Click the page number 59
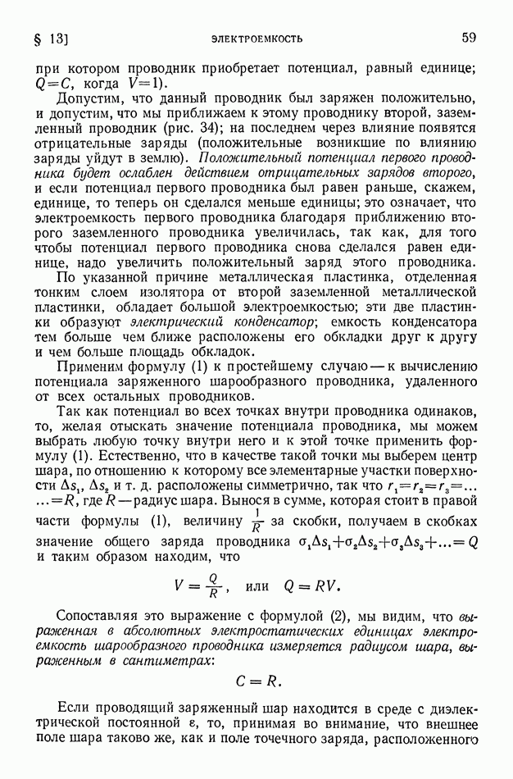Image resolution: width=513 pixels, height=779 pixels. pyautogui.click(x=469, y=37)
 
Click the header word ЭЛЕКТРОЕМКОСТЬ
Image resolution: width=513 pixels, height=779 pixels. pyautogui.click(x=256, y=38)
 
